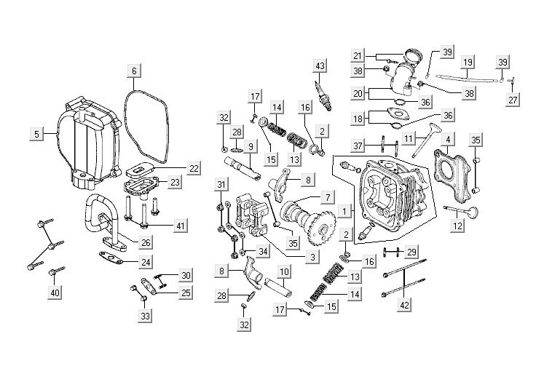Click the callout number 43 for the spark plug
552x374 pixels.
point(318,67)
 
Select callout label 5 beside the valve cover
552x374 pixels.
point(36,133)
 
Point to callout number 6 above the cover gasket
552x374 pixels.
point(134,71)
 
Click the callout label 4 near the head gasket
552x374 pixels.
point(449,139)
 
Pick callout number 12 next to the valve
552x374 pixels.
point(457,227)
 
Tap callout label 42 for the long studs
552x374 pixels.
point(404,306)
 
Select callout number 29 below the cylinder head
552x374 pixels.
point(411,251)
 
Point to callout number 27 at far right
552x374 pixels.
point(513,100)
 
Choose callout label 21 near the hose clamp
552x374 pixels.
point(357,55)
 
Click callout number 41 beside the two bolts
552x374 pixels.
point(180,226)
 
